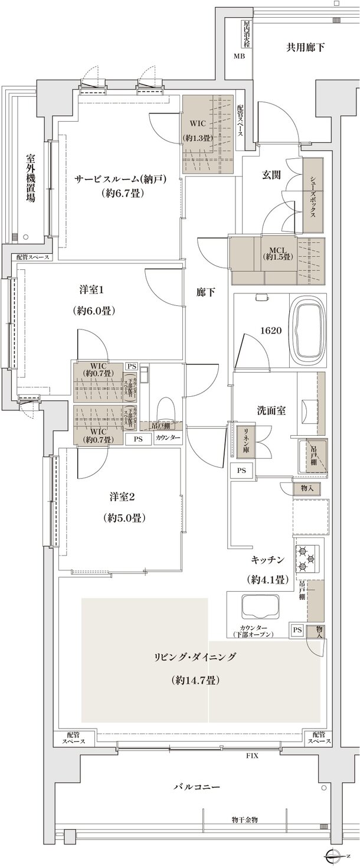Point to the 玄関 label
click(271, 175)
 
